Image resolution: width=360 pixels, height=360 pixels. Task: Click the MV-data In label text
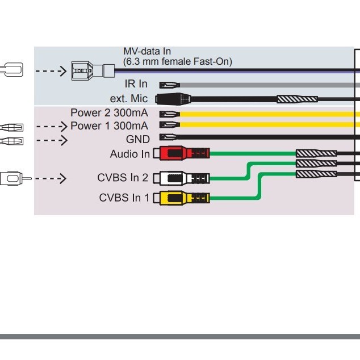coord(147,52)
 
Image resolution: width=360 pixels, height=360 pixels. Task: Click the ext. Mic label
coord(129,99)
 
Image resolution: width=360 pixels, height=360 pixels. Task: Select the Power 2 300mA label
coord(110,112)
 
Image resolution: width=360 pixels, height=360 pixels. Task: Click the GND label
coord(138,139)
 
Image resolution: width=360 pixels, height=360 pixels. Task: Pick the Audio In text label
coord(130,154)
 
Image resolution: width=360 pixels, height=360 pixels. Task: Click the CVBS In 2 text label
coord(123,178)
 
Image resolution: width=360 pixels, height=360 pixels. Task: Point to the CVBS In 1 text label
coord(124,198)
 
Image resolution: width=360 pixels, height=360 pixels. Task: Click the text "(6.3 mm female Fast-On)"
coord(178,61)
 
